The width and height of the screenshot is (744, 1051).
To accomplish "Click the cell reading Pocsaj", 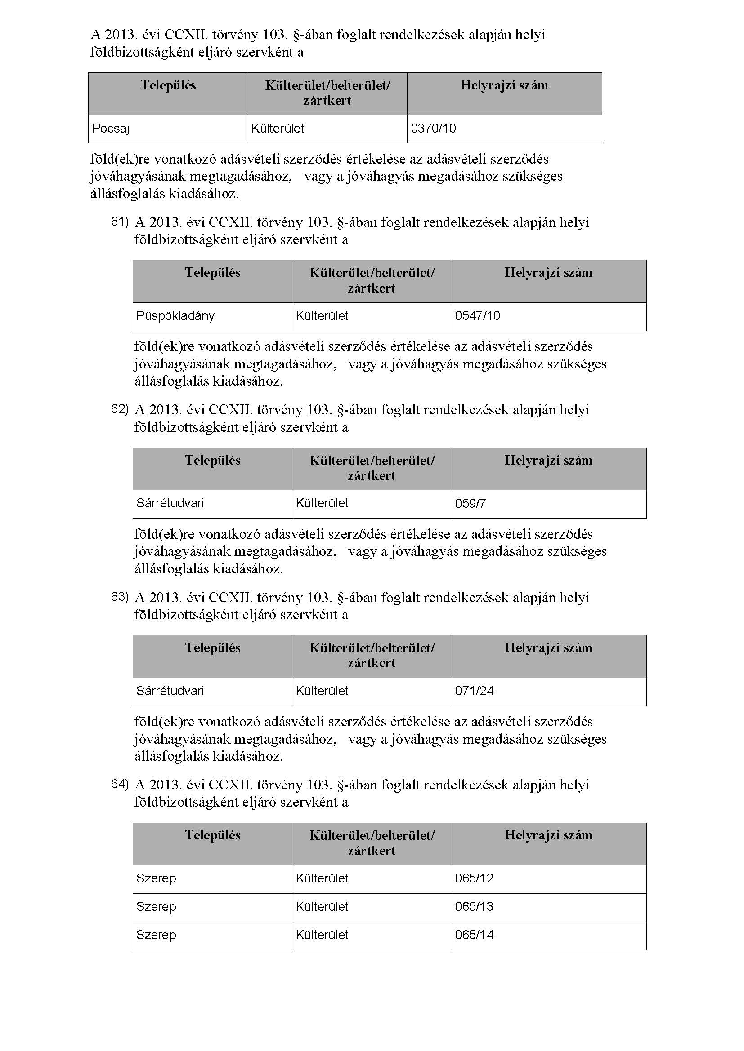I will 111,128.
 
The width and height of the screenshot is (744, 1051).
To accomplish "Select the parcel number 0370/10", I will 433,128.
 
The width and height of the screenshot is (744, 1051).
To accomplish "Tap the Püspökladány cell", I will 175,316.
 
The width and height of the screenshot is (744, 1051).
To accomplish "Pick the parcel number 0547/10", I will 477,316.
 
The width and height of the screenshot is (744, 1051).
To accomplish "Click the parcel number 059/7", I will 471,504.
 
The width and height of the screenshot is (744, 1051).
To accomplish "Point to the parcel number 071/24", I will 474,691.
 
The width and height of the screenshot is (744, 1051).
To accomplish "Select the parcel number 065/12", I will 474,878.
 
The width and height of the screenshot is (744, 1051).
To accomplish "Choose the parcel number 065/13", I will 474,907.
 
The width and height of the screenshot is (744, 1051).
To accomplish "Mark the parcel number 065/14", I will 474,935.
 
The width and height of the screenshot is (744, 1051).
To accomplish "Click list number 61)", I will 120,222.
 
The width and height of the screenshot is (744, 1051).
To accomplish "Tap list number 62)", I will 120,409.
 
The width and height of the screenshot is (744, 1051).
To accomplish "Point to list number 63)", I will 120,596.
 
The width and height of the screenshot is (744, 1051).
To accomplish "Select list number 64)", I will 120,784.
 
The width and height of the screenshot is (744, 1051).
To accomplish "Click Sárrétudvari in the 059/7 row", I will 170,504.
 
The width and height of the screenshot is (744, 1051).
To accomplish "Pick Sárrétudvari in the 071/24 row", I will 170,691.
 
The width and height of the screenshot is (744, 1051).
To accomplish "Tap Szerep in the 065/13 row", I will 156,907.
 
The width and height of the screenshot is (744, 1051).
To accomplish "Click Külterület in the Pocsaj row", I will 278,128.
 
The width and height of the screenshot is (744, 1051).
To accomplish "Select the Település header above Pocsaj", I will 168,86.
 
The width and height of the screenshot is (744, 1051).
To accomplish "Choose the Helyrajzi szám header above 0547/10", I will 548,273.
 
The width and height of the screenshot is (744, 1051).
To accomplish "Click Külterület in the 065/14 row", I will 322,935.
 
